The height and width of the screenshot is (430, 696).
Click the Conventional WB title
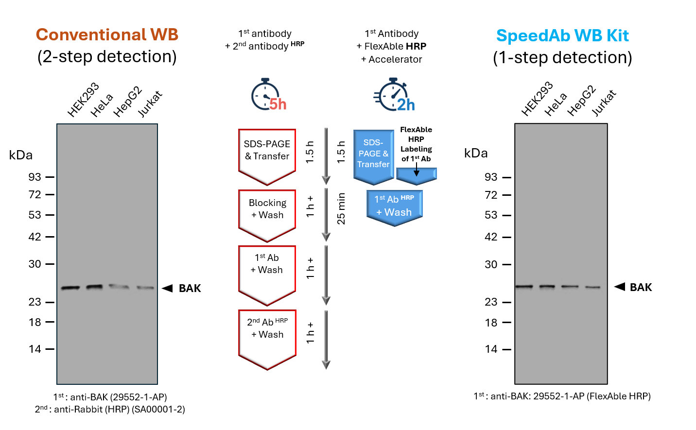(107, 35)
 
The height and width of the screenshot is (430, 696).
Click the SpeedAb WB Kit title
(562, 36)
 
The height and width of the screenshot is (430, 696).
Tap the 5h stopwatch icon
(268, 95)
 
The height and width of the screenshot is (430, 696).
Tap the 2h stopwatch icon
(394, 95)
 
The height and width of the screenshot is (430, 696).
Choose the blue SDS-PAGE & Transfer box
(373, 154)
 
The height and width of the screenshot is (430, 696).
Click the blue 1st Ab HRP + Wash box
(394, 206)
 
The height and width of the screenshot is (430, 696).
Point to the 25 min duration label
(341, 209)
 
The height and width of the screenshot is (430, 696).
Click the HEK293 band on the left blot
(70, 288)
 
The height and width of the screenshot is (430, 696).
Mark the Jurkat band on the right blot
(592, 287)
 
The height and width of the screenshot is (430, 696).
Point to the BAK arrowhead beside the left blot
(167, 288)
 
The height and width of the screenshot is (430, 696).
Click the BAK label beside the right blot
(641, 287)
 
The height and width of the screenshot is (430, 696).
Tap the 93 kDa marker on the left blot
(35, 177)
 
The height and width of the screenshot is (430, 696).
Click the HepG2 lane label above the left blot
(127, 102)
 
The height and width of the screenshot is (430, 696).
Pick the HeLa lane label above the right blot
(555, 104)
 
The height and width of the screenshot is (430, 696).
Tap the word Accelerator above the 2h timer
(395, 59)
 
